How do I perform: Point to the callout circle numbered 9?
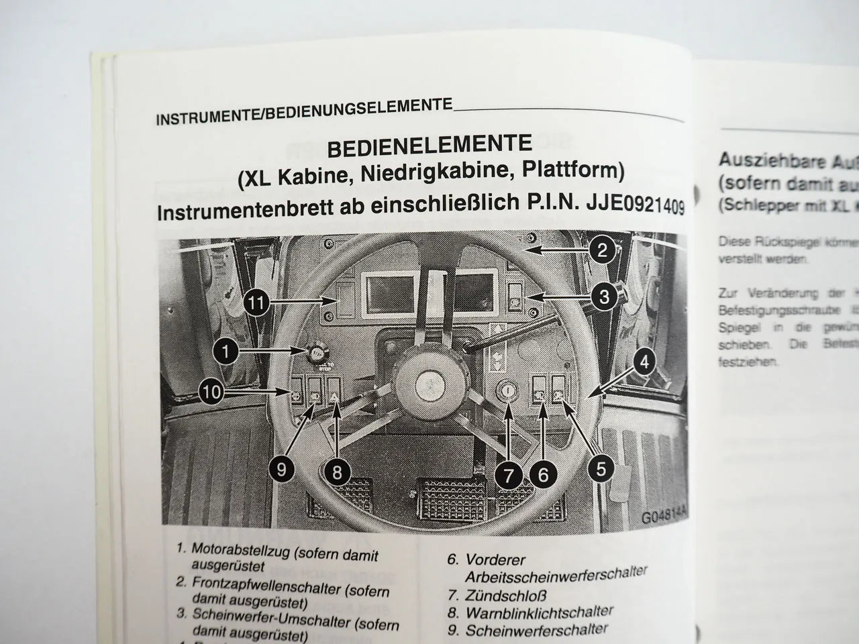(x=281, y=469)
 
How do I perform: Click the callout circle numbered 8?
(x=337, y=472)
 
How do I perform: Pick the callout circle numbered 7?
(x=508, y=476)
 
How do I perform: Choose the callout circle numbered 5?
(x=601, y=468)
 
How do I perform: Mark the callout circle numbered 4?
(x=644, y=363)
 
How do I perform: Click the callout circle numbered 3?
(x=603, y=296)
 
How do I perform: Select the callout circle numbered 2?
(x=602, y=251)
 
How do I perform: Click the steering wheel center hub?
(x=427, y=386)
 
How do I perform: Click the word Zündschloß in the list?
(x=506, y=595)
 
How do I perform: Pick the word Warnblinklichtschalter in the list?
(x=540, y=612)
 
